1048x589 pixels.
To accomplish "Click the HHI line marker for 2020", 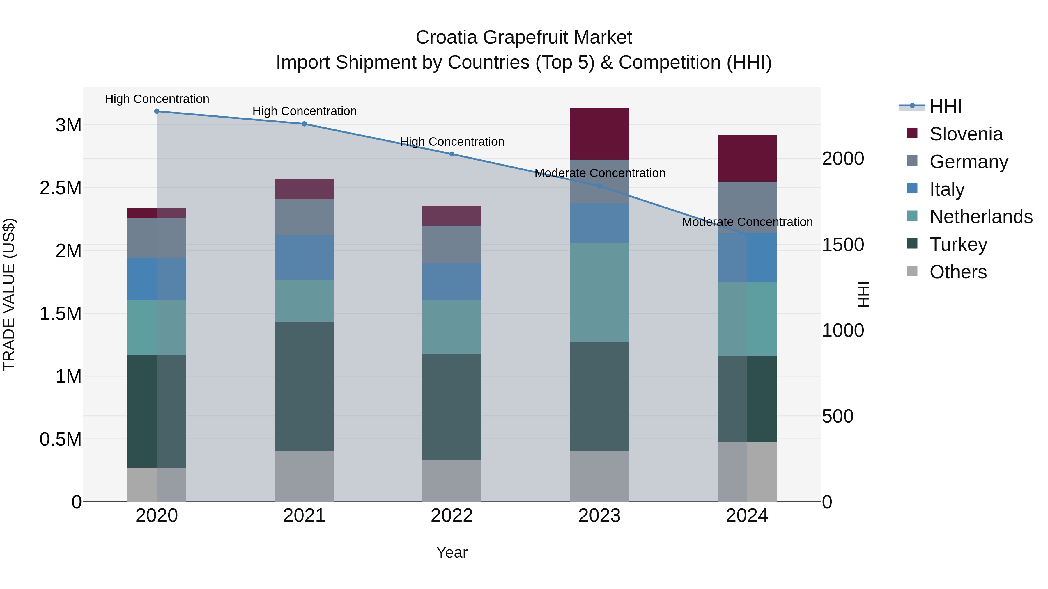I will [157, 111].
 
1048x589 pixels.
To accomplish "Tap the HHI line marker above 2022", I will [452, 154].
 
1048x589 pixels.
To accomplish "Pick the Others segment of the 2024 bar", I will [747, 471].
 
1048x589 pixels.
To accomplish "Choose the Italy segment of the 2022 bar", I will [452, 281].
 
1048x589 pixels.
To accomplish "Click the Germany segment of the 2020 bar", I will [157, 238].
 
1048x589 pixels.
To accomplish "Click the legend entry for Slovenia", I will [965, 134].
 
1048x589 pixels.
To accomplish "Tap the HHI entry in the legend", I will [945, 106].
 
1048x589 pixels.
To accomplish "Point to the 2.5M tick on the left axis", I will [61, 188].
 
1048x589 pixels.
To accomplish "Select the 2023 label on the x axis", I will [599, 516].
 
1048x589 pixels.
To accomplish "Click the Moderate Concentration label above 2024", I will [747, 222].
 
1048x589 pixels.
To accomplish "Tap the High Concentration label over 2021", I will [304, 111].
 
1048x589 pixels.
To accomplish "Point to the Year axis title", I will [452, 552].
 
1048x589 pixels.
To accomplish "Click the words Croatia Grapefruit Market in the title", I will [524, 38].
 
